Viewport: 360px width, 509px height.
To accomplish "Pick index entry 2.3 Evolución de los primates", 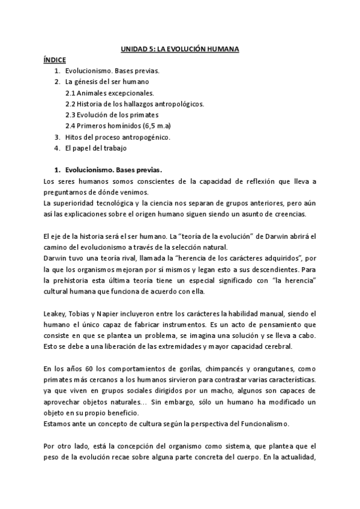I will [x=112, y=115].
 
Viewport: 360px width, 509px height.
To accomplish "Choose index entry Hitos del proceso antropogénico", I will [x=118, y=136].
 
